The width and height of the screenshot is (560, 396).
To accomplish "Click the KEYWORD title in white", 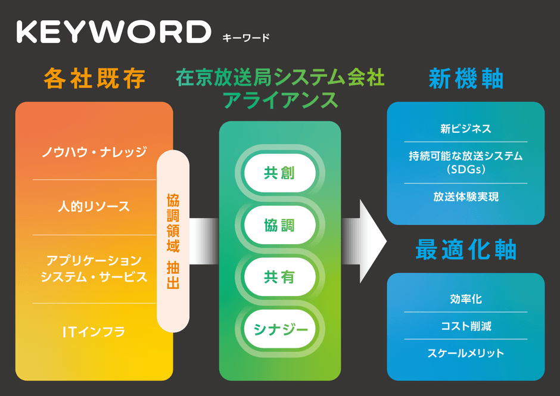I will click(x=113, y=32).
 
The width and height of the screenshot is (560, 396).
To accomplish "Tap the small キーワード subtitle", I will click(x=245, y=38).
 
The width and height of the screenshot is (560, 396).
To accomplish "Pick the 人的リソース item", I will click(x=94, y=207).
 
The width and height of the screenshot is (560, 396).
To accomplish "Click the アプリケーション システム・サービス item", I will click(x=94, y=269).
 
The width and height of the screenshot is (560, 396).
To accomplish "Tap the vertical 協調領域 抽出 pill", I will click(x=173, y=241).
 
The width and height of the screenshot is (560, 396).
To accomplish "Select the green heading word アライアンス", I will click(x=280, y=100).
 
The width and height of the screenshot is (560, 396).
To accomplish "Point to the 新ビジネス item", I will click(x=466, y=129).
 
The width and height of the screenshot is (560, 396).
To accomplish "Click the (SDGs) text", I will click(x=466, y=169).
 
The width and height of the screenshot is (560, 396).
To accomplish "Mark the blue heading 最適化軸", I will click(x=466, y=251).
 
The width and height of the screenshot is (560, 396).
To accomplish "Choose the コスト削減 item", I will click(x=466, y=326).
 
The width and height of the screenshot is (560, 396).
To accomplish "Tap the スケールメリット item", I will click(x=466, y=353).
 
